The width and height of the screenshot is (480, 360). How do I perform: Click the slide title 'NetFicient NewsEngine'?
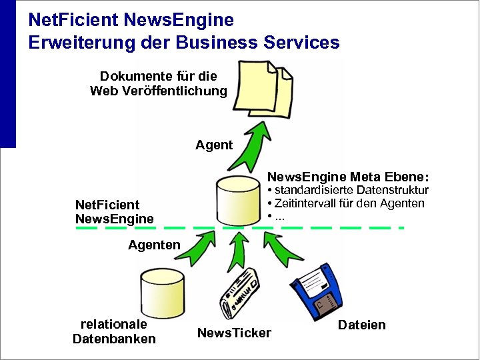(x=131, y=20)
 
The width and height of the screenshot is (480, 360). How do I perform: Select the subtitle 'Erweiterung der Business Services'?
(x=183, y=43)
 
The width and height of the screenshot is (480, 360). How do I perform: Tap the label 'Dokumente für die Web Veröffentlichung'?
(x=159, y=84)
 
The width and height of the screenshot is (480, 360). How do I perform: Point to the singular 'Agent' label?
(x=214, y=145)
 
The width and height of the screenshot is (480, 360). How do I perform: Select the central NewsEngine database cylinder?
(x=238, y=200)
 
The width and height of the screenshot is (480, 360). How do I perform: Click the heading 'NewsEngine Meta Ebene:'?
(x=348, y=177)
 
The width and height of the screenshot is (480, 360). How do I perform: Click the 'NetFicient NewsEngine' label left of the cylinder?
(x=114, y=211)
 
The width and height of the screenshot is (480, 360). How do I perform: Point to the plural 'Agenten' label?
(x=154, y=245)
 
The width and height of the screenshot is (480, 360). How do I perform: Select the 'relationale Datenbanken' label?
(x=114, y=331)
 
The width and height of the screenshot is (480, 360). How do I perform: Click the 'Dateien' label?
(x=362, y=325)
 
